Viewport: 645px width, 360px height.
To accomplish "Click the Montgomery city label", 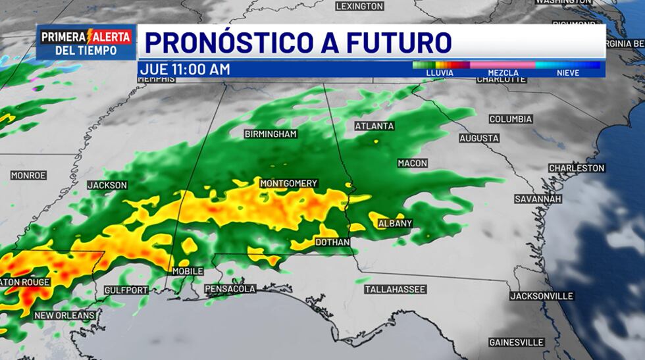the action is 289,184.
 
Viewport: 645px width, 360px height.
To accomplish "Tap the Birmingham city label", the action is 271,134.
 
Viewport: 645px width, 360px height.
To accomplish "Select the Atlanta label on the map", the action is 374,126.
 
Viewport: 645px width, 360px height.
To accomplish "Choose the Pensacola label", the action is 230,289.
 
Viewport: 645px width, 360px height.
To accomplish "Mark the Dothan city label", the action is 332,243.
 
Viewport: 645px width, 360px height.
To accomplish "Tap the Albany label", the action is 395,224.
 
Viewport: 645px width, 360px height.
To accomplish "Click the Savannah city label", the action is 538,199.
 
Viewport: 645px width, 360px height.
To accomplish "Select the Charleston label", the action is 577,168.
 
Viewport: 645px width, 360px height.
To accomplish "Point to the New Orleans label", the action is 65,316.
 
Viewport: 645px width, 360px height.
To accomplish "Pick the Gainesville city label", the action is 517,342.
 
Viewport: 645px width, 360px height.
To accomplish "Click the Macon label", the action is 413,163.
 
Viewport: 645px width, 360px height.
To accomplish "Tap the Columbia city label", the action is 511,120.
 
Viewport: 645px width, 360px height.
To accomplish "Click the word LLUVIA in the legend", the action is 440,73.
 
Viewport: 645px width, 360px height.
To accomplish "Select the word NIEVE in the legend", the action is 568,73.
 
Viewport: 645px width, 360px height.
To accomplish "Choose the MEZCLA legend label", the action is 503,73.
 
